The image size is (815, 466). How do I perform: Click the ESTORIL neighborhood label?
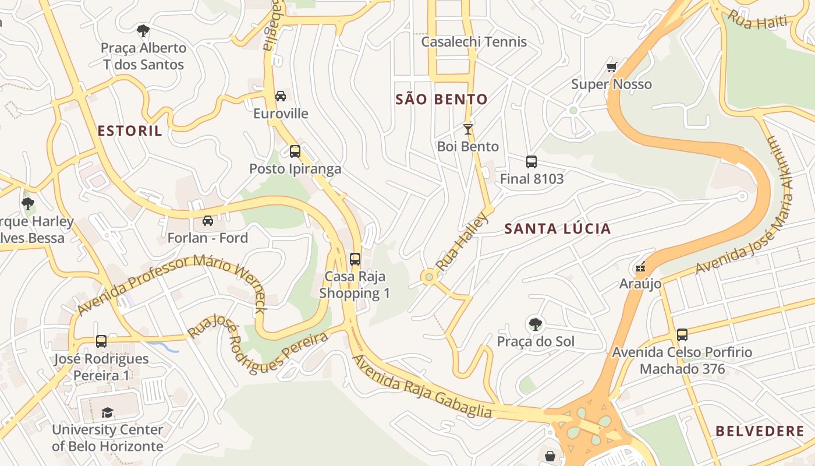(x=130, y=131)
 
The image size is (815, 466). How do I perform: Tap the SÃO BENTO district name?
(x=441, y=100)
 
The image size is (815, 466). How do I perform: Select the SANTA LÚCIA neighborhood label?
(x=557, y=229)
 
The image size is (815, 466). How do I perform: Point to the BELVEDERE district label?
(x=760, y=432)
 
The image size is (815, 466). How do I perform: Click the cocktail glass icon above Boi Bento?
(x=467, y=129)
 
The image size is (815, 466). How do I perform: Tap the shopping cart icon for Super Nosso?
(x=611, y=68)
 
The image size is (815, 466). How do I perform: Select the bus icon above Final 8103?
(x=531, y=162)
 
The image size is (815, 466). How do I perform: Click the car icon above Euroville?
(x=281, y=96)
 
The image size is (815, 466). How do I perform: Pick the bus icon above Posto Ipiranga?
(x=295, y=151)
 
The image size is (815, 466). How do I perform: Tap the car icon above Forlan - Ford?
(x=207, y=221)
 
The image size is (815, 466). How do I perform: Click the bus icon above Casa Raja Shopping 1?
(x=355, y=259)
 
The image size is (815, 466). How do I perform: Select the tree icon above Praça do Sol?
(x=535, y=324)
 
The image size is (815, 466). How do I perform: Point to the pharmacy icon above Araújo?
(x=640, y=267)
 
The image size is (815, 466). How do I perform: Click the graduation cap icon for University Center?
(x=107, y=412)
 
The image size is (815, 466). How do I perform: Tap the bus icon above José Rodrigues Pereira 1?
(x=101, y=341)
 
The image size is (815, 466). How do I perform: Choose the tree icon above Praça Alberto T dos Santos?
(x=143, y=31)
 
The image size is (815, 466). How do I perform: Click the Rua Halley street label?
(x=461, y=242)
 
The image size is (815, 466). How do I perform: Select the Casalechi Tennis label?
(x=474, y=42)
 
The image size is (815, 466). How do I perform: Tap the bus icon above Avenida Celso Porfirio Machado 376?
(x=682, y=335)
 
